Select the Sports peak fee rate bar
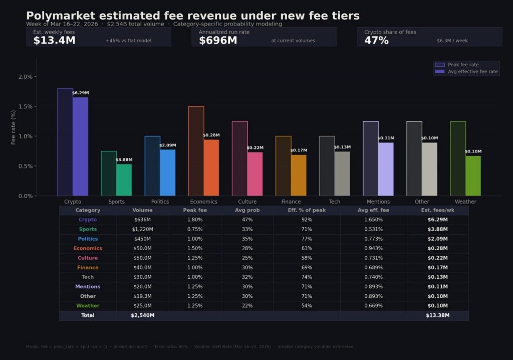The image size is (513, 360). [x=109, y=173]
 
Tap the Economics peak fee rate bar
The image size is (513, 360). [x=196, y=150]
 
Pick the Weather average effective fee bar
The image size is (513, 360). [x=473, y=175]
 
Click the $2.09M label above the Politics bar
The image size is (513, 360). [x=167, y=145]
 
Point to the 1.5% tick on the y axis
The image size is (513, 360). [x=25, y=106]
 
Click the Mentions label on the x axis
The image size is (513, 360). [x=378, y=202]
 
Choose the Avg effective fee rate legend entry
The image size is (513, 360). [x=466, y=72]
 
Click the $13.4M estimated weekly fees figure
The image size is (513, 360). [x=54, y=41]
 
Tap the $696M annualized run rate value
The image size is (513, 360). [x=218, y=41]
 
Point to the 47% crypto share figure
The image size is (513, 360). [x=376, y=41]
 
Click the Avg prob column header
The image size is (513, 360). [x=247, y=211]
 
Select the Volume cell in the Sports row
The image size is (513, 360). [x=143, y=229]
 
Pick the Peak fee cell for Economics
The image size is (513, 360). [x=195, y=248]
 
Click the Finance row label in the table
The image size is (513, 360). [x=88, y=267]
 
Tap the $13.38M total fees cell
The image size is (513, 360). [x=437, y=315]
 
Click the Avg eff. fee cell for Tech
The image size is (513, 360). [x=373, y=277]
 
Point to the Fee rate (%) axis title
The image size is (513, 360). [x=14, y=127]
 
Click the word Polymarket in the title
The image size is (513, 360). [x=57, y=16]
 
